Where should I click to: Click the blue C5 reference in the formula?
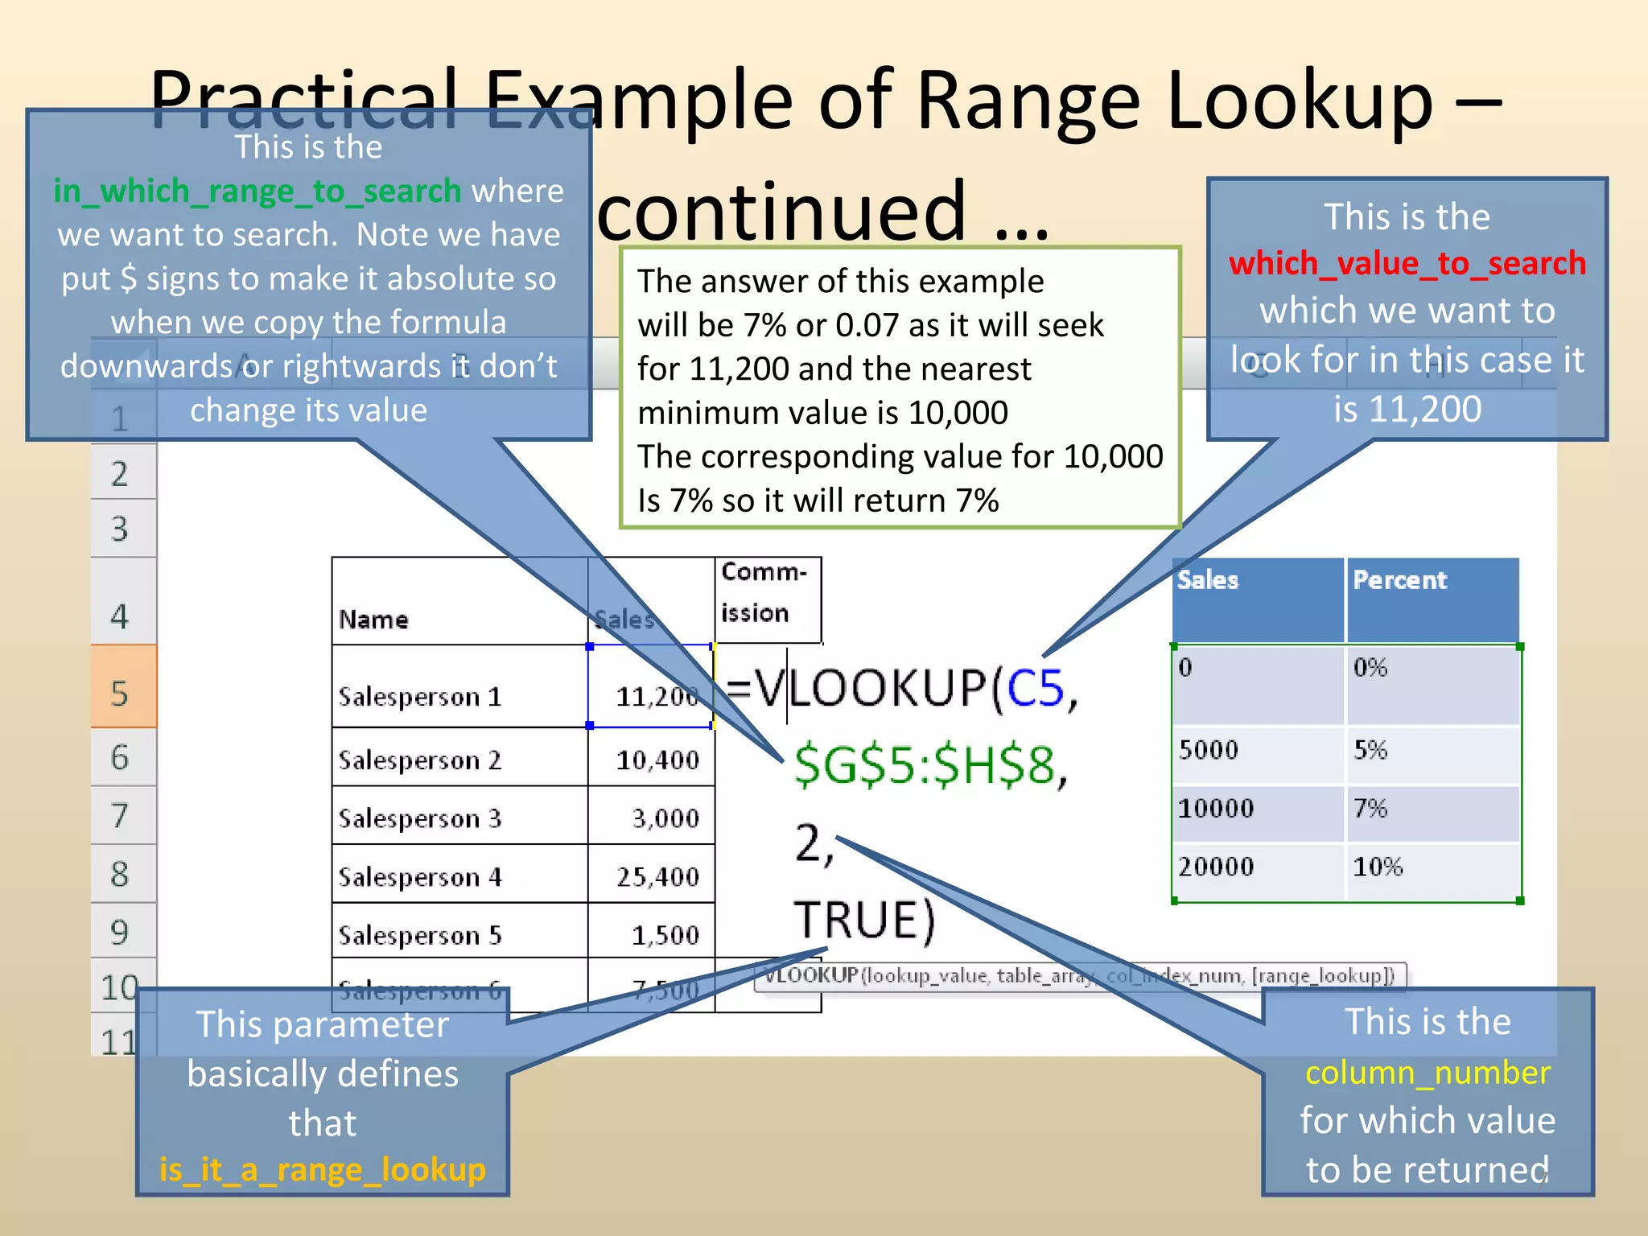click(1035, 689)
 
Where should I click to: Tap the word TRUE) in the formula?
click(864, 920)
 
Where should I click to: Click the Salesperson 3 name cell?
click(419, 818)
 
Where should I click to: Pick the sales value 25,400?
click(657, 876)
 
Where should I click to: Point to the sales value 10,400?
click(657, 760)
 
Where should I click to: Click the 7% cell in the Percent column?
click(1370, 808)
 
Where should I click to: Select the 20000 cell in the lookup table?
click(1216, 867)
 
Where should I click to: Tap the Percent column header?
click(1399, 580)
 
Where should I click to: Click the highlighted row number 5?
click(120, 693)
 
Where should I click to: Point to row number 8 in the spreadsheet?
click(120, 874)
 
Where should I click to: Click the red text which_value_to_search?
click(1407, 264)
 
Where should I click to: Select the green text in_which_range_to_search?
click(257, 192)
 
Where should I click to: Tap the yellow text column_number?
click(1427, 1073)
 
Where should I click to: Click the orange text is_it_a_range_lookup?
click(322, 1169)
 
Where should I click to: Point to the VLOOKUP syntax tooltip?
click(1078, 976)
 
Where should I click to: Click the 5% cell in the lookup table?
click(1370, 750)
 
